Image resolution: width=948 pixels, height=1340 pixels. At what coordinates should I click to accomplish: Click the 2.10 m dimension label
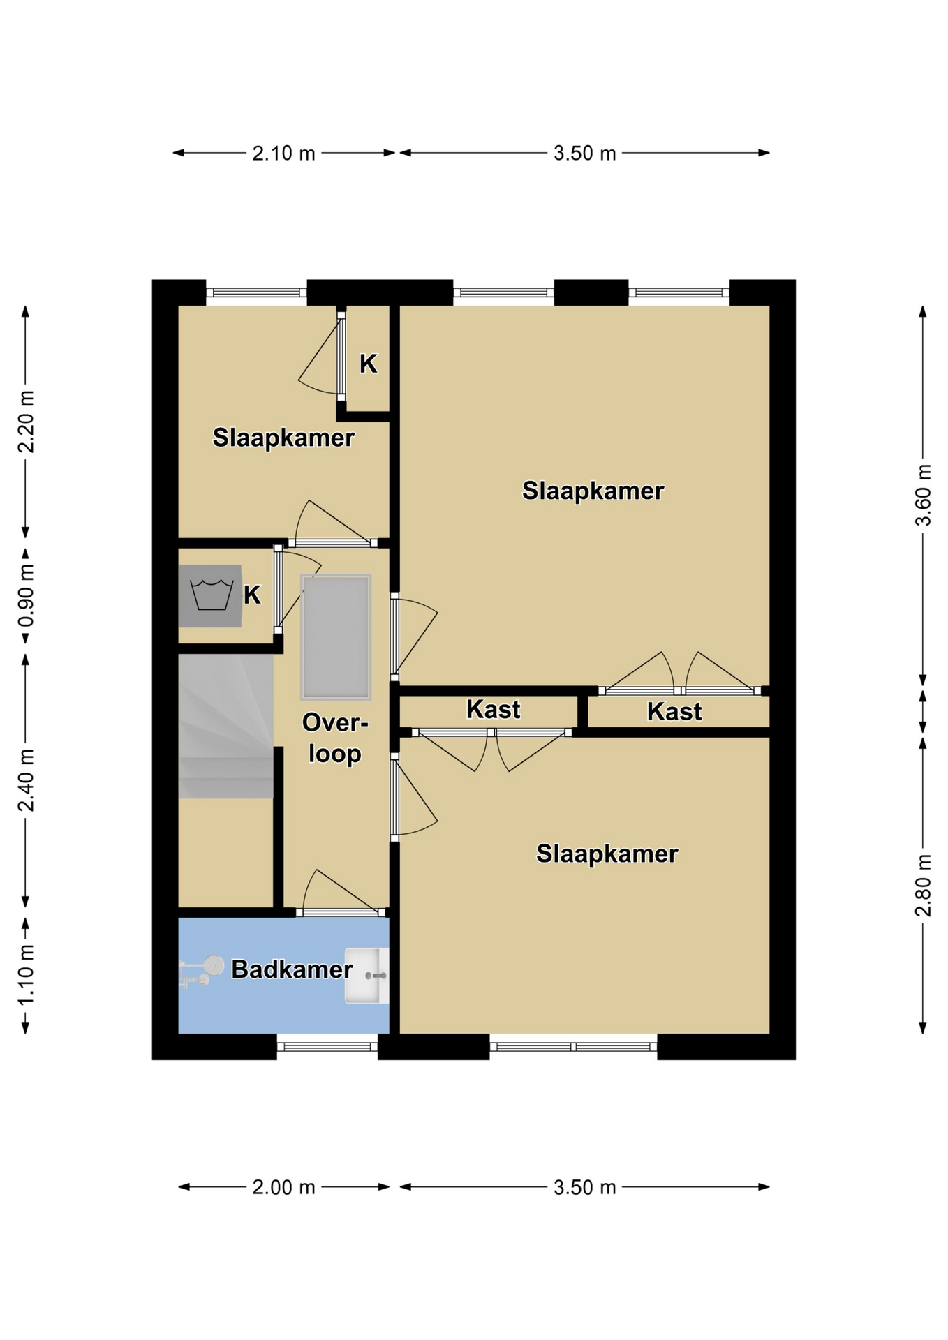tap(283, 153)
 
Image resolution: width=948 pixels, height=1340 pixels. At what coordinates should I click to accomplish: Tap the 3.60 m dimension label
tap(923, 495)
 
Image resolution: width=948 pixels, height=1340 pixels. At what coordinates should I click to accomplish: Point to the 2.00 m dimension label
tap(283, 1187)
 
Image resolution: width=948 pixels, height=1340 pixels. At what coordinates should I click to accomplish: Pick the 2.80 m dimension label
tap(923, 886)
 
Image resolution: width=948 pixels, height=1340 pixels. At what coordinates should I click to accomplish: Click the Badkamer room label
tap(292, 969)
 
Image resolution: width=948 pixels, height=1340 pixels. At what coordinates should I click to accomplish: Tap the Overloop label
tap(335, 738)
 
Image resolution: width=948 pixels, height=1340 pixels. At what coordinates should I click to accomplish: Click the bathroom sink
tap(367, 976)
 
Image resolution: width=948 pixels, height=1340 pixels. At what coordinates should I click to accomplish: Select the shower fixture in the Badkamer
tap(201, 971)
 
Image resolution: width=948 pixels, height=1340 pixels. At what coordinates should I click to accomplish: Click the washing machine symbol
tap(210, 595)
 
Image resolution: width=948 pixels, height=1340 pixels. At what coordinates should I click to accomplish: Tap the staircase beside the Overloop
tap(225, 726)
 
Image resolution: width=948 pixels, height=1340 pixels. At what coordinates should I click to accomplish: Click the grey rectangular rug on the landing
tap(336, 637)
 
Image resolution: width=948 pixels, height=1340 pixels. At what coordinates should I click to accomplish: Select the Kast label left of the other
tap(494, 710)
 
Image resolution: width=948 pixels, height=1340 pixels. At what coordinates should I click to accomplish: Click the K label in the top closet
tap(369, 364)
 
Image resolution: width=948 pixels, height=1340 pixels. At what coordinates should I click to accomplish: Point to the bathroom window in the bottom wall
tap(327, 1046)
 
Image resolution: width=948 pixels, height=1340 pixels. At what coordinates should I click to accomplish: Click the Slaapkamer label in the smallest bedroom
tap(283, 438)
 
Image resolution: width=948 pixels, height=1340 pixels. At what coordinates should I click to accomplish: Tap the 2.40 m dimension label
tap(26, 781)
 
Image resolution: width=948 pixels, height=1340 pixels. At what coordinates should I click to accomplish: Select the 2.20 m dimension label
tap(26, 422)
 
